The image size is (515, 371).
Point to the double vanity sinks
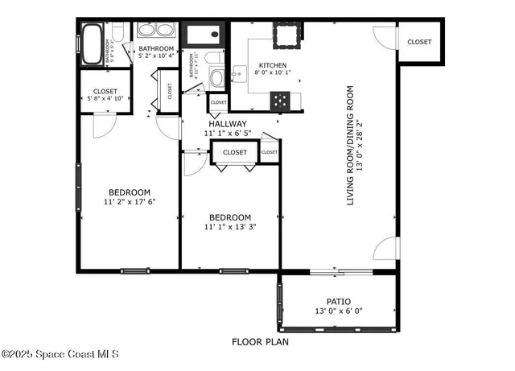coord(156,31)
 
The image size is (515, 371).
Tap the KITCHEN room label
coord(272,66)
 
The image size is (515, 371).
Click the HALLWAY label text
coord(228,124)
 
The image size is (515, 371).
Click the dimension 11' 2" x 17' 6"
coord(129,202)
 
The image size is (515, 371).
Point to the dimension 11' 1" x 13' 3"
coord(230,228)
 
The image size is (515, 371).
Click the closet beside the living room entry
coord(418,42)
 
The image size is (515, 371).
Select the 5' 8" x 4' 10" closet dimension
coord(105,98)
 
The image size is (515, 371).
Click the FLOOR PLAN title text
coord(260,342)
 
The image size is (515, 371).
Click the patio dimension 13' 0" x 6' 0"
coord(338,311)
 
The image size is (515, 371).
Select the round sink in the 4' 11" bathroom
coord(216,79)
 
